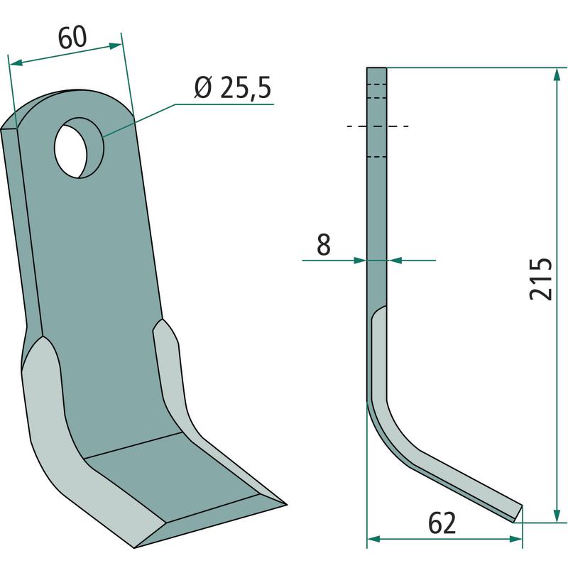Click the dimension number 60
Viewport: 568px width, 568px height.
(x=72, y=38)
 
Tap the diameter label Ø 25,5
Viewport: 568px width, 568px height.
(x=233, y=87)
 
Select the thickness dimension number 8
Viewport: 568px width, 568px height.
(x=324, y=244)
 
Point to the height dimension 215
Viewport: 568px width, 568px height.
(x=541, y=279)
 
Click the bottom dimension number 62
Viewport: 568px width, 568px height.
(x=442, y=523)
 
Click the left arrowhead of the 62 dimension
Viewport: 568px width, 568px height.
(x=374, y=539)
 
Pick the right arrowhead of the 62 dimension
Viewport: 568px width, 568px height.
(x=515, y=539)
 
